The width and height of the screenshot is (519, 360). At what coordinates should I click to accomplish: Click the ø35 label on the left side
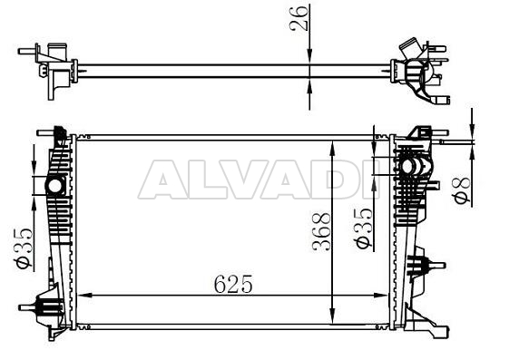[25, 247]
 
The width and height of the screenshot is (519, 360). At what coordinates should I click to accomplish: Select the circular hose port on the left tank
[54, 186]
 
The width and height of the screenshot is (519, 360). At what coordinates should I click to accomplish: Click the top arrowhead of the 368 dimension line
[337, 145]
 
